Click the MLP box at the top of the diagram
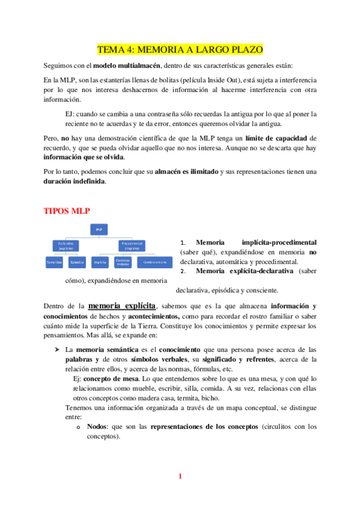pyautogui.click(x=99, y=229)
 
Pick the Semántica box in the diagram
pyautogui.click(x=56, y=262)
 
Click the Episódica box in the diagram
pyautogui.click(x=76, y=262)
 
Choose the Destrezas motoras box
pyautogui.click(x=123, y=262)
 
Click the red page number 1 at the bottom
pyautogui.click(x=179, y=477)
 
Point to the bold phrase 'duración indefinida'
pyautogui.click(x=75, y=183)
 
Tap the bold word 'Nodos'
pyautogui.click(x=99, y=426)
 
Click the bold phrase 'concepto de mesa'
pyautogui.click(x=109, y=378)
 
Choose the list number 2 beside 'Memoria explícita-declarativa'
pyautogui.click(x=183, y=271)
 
